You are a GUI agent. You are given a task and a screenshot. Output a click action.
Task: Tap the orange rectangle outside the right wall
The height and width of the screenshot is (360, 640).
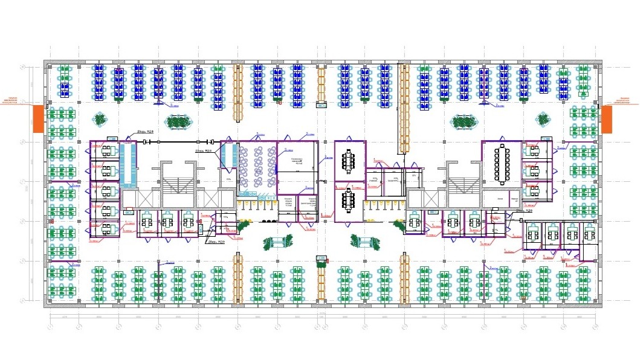606,118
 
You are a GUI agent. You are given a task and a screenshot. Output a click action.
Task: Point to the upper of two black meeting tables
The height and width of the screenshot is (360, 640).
349,161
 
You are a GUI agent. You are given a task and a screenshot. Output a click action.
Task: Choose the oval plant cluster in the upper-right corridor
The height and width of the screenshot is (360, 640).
462,122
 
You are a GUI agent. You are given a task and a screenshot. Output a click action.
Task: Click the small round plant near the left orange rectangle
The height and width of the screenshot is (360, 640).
99,118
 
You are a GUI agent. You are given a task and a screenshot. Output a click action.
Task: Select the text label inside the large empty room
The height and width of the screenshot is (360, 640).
297,162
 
